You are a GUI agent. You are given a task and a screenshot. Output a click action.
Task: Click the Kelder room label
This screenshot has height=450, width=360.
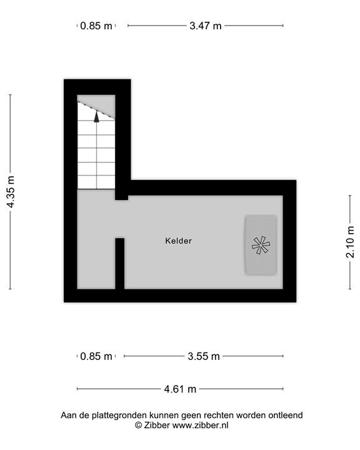179,241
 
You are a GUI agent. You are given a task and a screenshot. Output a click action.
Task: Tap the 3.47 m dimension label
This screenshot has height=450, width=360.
206,26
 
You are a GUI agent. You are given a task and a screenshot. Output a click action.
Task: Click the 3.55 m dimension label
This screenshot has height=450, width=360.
204,356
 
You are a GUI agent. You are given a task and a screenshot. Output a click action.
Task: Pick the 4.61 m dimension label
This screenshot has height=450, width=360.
180,389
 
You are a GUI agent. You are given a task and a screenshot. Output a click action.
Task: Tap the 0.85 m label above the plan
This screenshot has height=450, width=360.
97,26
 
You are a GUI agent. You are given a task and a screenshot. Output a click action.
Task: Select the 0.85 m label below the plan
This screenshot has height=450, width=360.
97,356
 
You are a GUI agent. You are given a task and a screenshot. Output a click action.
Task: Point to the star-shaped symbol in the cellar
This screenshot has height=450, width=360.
260,245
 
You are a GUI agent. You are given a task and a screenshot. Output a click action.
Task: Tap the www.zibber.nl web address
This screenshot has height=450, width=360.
201,425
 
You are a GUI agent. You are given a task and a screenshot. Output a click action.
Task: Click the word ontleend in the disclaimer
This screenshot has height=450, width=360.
284,415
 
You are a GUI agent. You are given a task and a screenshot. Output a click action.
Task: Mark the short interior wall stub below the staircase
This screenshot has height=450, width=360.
119,263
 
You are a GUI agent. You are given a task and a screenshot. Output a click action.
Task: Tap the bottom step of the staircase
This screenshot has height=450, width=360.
96,182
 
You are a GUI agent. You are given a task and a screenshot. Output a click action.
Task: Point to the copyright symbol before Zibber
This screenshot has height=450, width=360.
138,425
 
